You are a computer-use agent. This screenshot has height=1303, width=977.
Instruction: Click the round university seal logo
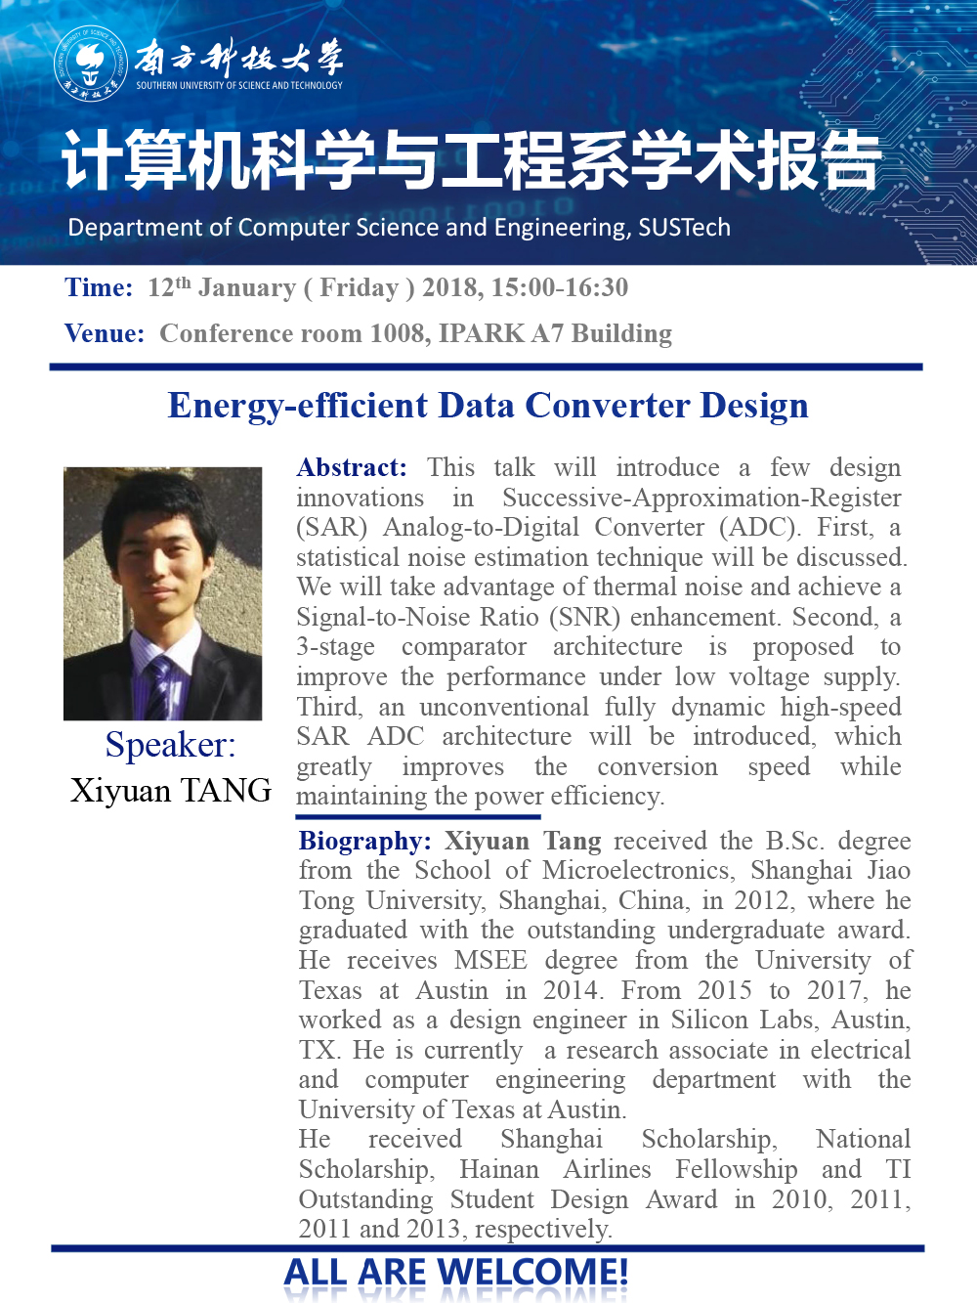[90, 63]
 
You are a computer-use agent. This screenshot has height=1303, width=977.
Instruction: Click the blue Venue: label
[105, 333]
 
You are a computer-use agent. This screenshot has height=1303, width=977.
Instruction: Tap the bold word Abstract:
[352, 467]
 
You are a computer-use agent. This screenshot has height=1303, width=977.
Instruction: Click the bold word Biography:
[364, 841]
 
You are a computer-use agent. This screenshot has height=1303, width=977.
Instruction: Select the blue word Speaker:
[170, 745]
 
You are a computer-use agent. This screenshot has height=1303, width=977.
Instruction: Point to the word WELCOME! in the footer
[532, 1272]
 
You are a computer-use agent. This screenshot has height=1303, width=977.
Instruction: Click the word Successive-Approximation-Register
[701, 498]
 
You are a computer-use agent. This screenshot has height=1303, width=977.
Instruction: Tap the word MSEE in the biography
[490, 960]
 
